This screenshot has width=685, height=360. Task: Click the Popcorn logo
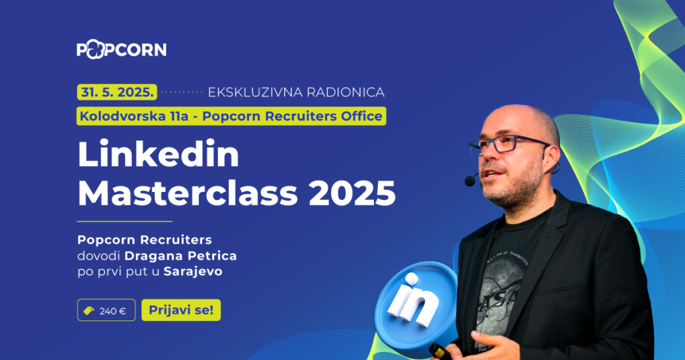point(121,50)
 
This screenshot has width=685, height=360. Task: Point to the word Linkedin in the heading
point(158,156)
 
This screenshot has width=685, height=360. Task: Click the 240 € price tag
point(106,310)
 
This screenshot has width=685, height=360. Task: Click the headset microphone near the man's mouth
point(471,180)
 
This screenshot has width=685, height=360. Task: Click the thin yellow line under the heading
point(124,221)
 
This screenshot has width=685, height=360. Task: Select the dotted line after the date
point(182,91)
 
